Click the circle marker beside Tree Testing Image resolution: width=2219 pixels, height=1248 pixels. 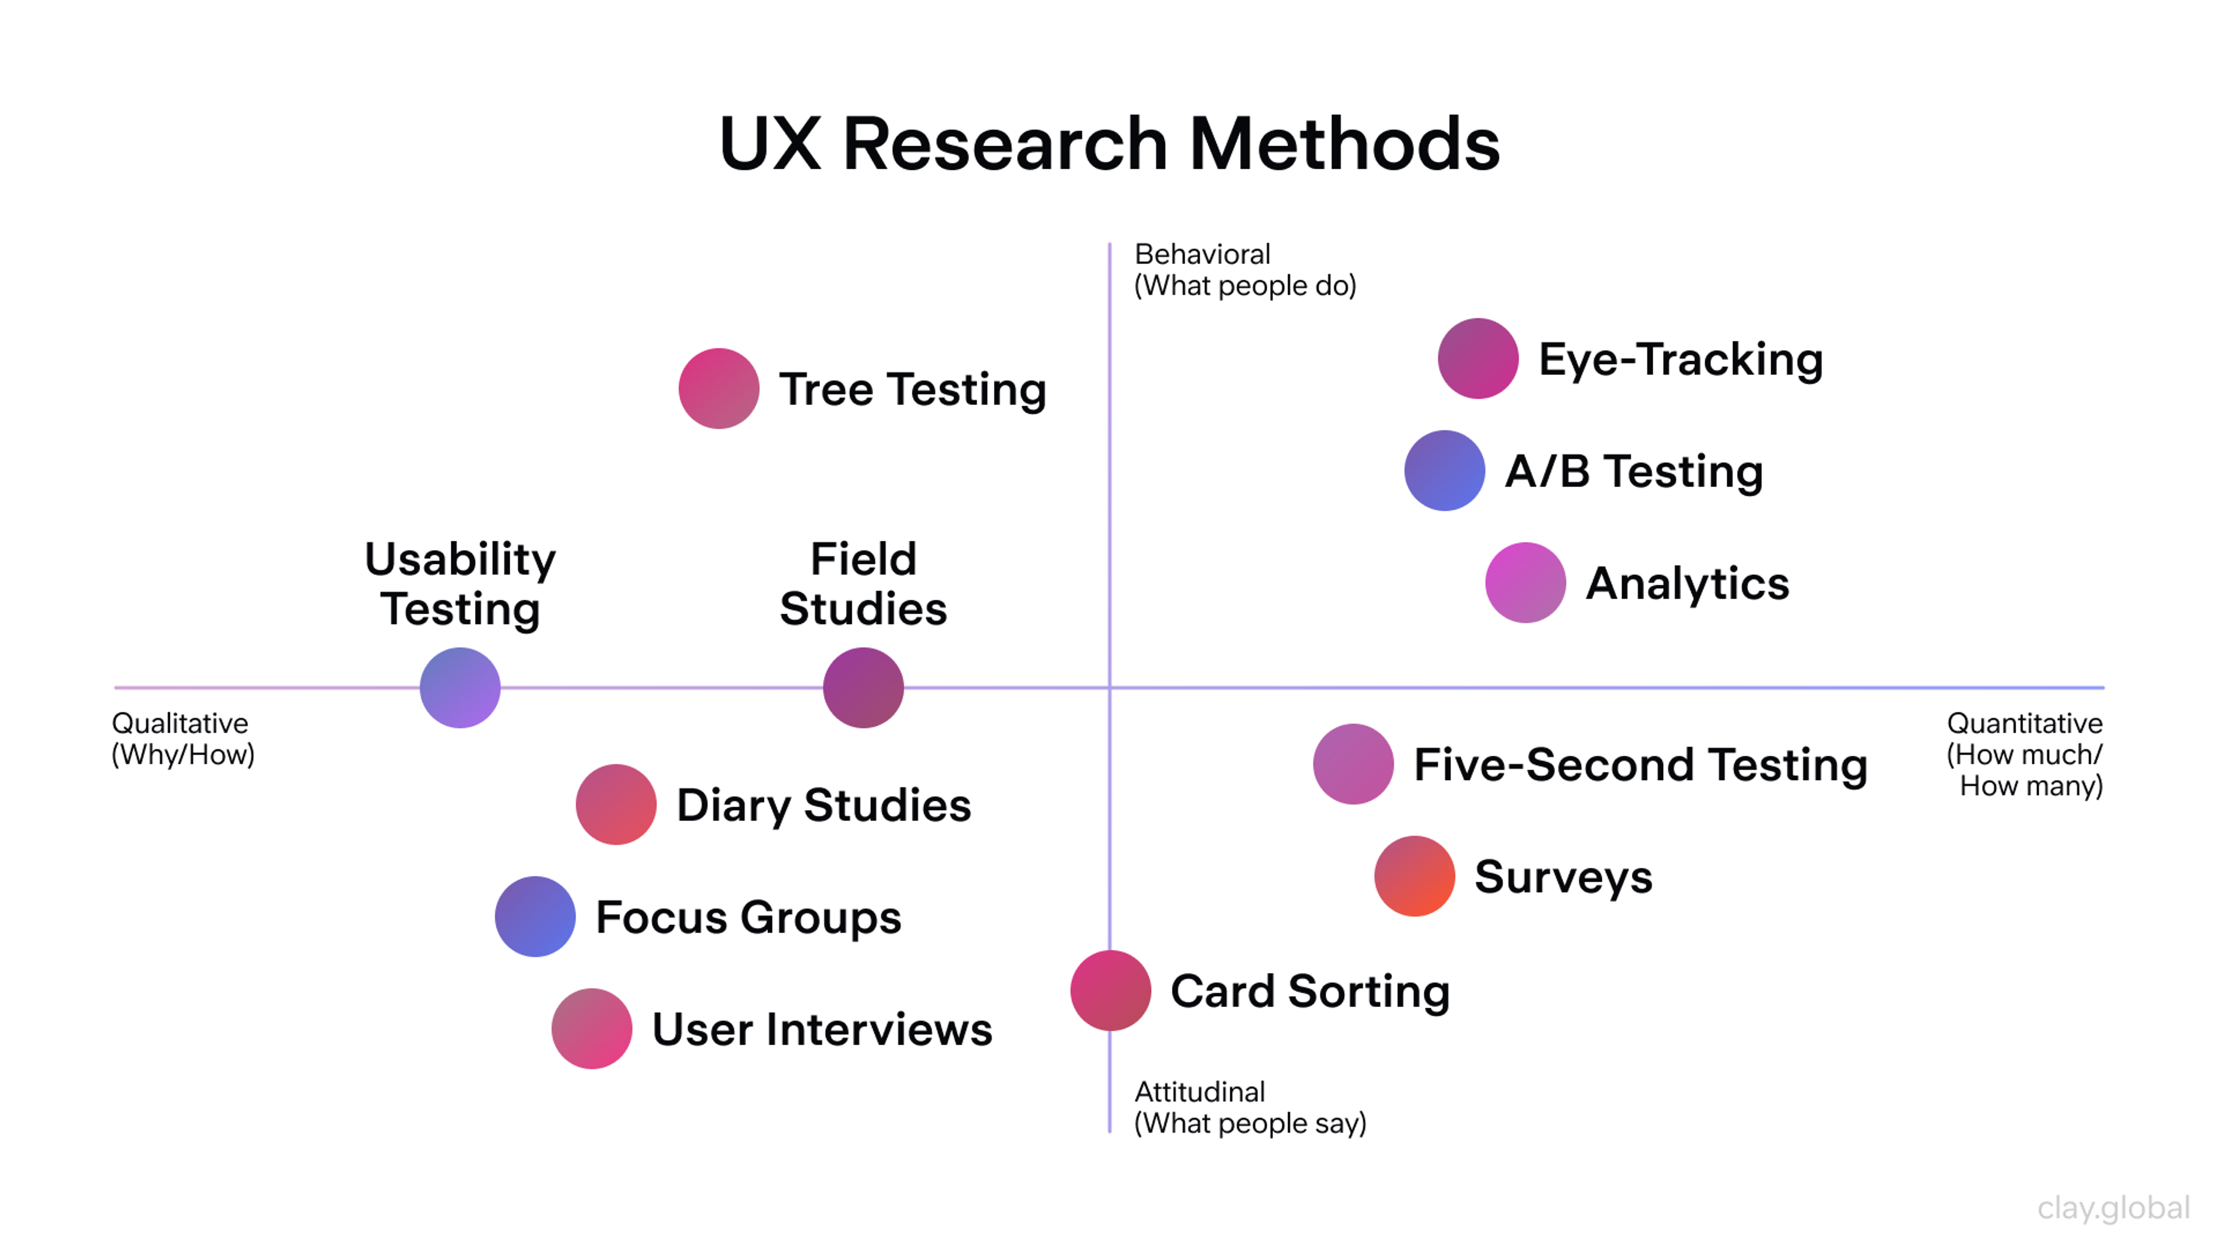(x=718, y=388)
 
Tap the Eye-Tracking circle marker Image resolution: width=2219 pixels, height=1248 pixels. (x=1478, y=358)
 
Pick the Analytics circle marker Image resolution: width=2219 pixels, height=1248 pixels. (x=1525, y=582)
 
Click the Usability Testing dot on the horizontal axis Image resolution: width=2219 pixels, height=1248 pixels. (x=460, y=688)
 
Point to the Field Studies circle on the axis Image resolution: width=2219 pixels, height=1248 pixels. (x=863, y=688)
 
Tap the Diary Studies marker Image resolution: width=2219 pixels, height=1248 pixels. (x=616, y=804)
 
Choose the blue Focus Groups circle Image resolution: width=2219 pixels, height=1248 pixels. (x=535, y=916)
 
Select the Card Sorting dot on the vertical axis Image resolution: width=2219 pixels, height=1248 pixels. (x=1110, y=990)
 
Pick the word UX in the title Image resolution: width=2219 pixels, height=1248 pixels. (x=769, y=144)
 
